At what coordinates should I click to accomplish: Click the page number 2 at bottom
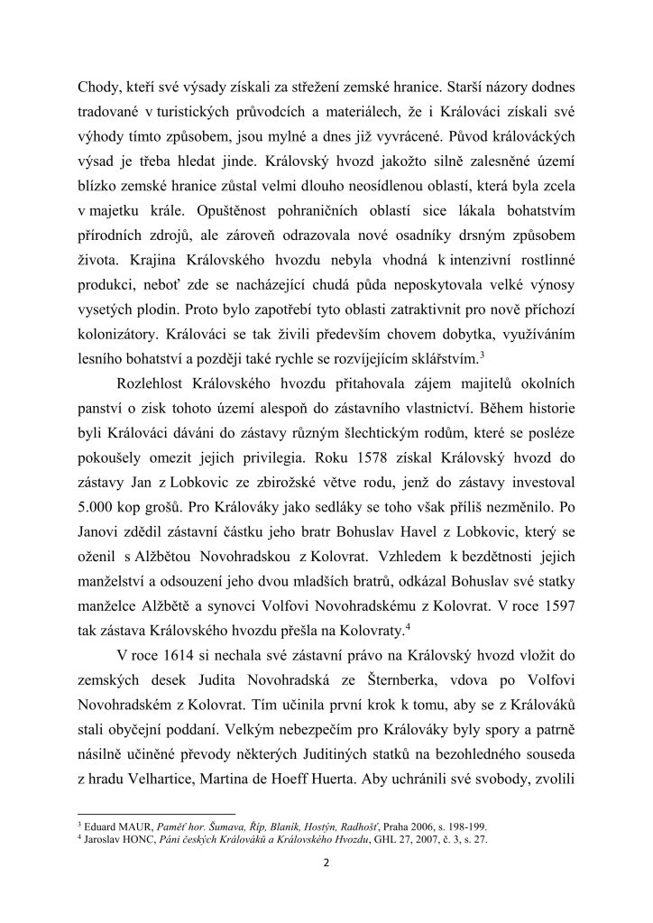click(x=326, y=861)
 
